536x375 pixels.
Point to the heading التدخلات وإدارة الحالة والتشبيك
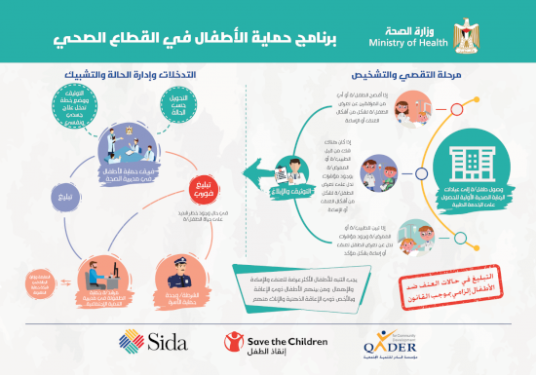[131, 72]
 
